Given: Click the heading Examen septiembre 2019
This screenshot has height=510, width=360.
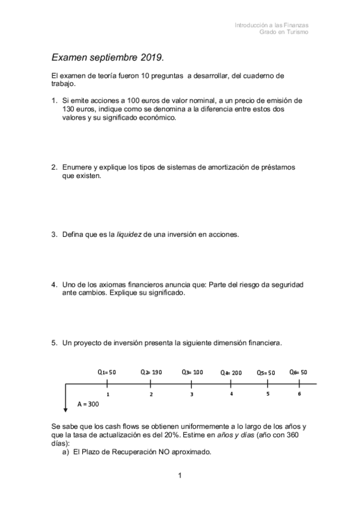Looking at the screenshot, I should coord(107,58).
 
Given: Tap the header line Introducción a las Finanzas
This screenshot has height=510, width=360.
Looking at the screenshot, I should coord(272,25).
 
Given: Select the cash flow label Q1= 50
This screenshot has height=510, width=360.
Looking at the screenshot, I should coord(106,372).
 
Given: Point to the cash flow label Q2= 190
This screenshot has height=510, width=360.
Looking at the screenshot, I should coord(151,372).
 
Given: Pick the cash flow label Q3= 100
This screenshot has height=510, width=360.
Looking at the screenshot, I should coord(192,372).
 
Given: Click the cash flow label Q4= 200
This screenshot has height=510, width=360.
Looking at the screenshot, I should coord(231,373).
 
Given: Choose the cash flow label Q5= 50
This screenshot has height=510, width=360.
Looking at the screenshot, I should coord(266,373).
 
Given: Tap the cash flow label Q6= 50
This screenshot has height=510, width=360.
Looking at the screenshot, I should coord(298,372).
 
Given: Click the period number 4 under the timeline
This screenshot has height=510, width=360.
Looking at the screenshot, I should coord(231,393).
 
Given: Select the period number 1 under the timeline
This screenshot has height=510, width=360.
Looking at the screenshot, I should coord(108,394).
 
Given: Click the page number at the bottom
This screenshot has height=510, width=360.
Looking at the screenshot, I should coord(180,476).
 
